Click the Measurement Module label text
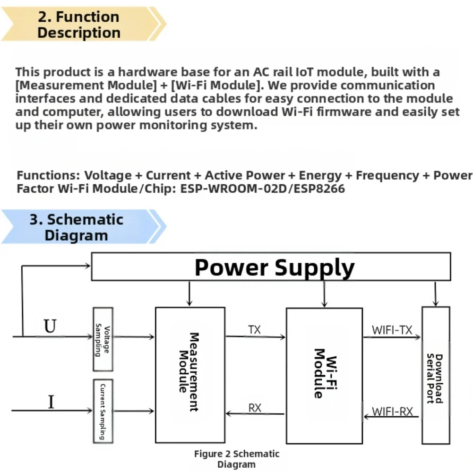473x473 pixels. pyautogui.click(x=189, y=372)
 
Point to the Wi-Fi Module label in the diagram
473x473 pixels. pyautogui.click(x=325, y=373)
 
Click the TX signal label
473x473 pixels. pyautogui.click(x=254, y=330)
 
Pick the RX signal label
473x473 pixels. pyautogui.click(x=255, y=408)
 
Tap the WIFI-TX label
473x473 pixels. pyautogui.click(x=392, y=330)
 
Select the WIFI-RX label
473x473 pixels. pyautogui.click(x=392, y=412)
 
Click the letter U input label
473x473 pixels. pyautogui.click(x=50, y=326)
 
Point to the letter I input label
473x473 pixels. pyautogui.click(x=52, y=402)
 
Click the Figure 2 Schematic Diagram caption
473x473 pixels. pyautogui.click(x=236, y=459)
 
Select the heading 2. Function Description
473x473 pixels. pyautogui.click(x=78, y=25)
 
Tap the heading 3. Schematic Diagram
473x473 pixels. pyautogui.click(x=77, y=227)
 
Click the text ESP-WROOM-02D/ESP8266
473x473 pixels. pyautogui.click(x=262, y=189)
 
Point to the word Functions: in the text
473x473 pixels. pyautogui.click(x=49, y=175)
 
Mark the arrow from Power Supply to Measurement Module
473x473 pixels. pyautogui.click(x=189, y=293)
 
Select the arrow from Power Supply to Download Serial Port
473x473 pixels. pyautogui.click(x=435, y=294)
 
